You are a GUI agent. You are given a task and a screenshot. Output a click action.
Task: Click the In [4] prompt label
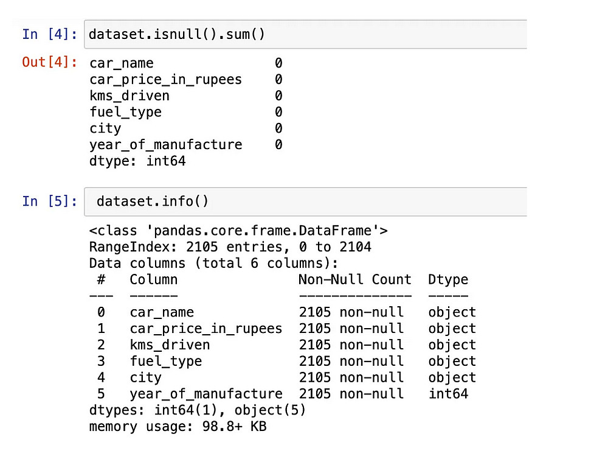[49, 34]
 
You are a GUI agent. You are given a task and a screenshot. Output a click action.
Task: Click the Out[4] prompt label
[49, 63]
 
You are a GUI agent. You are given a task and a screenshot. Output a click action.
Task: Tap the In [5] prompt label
[49, 201]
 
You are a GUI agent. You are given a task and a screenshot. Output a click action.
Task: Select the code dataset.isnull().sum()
[177, 34]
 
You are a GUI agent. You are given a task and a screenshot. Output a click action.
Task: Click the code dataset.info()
[153, 201]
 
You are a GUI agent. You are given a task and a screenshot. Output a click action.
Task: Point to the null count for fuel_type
[278, 112]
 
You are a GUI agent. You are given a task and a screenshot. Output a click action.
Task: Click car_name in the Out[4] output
[121, 63]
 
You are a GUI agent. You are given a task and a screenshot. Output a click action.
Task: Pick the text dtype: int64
[137, 161]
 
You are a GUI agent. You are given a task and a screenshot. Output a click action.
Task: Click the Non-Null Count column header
[354, 279]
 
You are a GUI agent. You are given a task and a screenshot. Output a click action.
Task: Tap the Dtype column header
[448, 279]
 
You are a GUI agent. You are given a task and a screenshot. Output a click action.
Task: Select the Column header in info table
[154, 279]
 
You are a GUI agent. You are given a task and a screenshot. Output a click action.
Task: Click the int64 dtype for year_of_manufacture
[448, 394]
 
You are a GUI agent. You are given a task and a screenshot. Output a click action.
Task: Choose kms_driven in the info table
[170, 345]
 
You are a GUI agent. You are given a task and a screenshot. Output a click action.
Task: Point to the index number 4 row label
[101, 377]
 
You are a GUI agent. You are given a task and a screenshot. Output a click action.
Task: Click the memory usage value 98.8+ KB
[234, 426]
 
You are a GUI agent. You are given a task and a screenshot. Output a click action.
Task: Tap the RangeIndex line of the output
[230, 247]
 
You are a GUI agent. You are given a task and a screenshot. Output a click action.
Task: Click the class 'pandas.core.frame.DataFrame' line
[238, 231]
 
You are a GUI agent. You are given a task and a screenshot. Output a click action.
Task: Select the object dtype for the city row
[452, 377]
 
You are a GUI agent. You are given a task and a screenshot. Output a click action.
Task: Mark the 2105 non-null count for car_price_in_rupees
[351, 329]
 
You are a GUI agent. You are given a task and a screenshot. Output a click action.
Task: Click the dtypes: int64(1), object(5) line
[198, 410]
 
